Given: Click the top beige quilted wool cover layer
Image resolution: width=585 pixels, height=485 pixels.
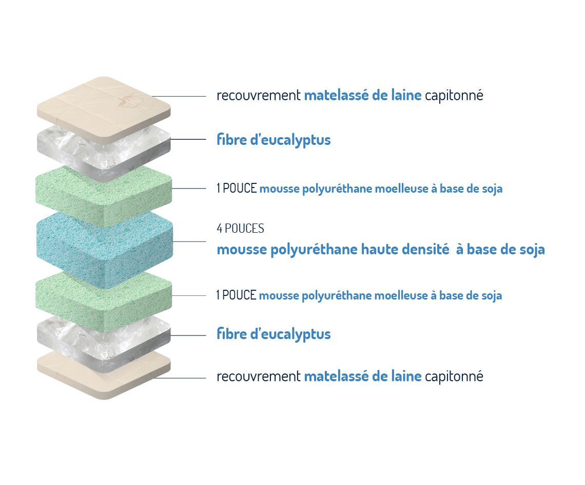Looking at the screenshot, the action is pyautogui.click(x=104, y=105).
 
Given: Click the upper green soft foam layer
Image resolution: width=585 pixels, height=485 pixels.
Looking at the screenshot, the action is pyautogui.click(x=104, y=196).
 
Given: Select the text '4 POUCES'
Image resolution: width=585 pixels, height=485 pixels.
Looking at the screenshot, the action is pyautogui.click(x=240, y=228).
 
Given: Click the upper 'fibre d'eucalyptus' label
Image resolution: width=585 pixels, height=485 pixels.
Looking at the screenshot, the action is pyautogui.click(x=274, y=140).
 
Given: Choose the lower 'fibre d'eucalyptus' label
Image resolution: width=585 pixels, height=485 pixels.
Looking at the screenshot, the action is pyautogui.click(x=274, y=334).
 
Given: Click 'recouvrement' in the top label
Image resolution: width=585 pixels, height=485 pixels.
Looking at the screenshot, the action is pyautogui.click(x=259, y=96).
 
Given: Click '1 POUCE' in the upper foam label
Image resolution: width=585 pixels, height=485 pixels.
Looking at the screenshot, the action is pyautogui.click(x=237, y=189).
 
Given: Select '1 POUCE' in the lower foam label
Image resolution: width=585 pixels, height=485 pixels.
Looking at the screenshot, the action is pyautogui.click(x=236, y=295).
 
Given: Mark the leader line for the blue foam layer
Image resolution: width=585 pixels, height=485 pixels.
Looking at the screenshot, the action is pyautogui.click(x=189, y=241).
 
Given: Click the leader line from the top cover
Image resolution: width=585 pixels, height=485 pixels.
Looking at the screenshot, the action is pyautogui.click(x=179, y=97).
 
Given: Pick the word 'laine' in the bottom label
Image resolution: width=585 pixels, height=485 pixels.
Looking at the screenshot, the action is pyautogui.click(x=406, y=376).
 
